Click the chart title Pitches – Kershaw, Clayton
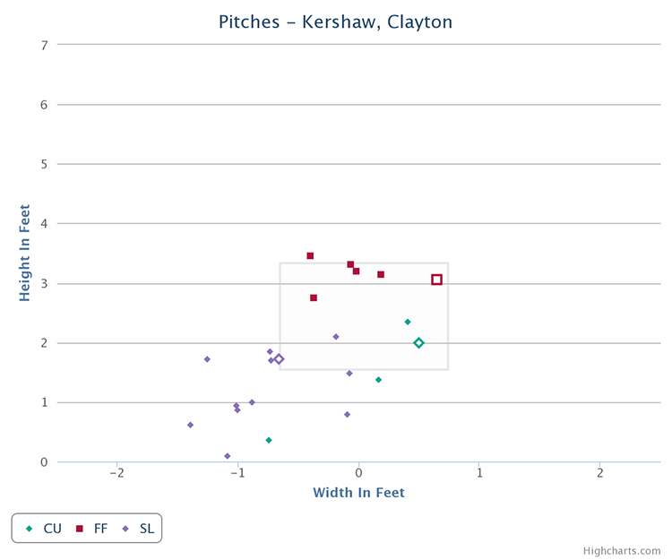[x=335, y=21]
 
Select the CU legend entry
[x=44, y=529]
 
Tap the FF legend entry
[x=93, y=529]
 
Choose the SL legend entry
[x=140, y=529]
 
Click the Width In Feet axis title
[x=358, y=493]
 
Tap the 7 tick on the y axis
[x=43, y=45]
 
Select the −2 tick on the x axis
[x=116, y=472]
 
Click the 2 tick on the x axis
[x=600, y=472]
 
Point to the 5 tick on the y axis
[x=43, y=164]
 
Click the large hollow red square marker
[x=436, y=280]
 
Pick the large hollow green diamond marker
[x=418, y=343]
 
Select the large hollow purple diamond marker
[x=279, y=359]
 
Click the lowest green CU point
[x=269, y=440]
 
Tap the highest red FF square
[x=310, y=255]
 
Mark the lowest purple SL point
[x=227, y=456]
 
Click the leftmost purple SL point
[x=190, y=425]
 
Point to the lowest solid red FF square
[x=314, y=297]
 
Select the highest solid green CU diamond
[x=408, y=322]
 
